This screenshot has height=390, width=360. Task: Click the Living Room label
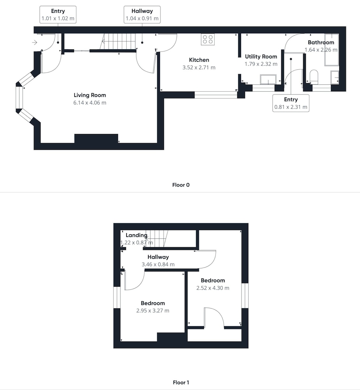coord(90,95)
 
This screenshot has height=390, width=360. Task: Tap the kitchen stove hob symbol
coord(208,39)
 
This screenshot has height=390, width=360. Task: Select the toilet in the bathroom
coord(314,76)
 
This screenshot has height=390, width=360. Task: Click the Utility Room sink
coord(268,80)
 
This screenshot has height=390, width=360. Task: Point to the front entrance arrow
coord(35,43)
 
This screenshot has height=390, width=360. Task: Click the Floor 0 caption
coord(181,185)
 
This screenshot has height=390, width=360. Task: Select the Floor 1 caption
coord(181,382)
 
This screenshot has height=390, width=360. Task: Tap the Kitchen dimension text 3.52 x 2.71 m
coord(199,67)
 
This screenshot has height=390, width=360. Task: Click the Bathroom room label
coord(321,42)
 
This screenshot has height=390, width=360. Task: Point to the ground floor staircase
coord(118,42)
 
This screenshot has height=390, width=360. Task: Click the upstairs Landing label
coord(136,235)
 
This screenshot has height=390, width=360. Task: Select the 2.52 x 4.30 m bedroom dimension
coord(213,288)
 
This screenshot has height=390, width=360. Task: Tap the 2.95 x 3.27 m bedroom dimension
coord(153,311)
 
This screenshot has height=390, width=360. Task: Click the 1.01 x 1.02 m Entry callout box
coord(58,15)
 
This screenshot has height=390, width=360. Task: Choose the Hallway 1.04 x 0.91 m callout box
coord(142,15)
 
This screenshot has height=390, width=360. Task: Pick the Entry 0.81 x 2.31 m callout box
coord(291,103)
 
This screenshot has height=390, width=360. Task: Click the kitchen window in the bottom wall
coord(216,95)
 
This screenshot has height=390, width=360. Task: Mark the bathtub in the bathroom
coord(332,50)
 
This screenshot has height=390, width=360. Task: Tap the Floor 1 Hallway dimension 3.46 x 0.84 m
coord(158,264)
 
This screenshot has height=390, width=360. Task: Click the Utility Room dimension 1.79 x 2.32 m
coord(261,64)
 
